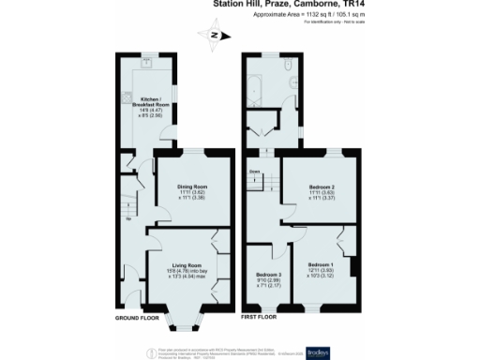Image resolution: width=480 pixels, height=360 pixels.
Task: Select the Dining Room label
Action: tap(192, 191)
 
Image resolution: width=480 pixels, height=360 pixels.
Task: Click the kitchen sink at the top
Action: tap(148, 66)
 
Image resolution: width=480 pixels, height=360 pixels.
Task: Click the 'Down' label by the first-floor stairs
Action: tap(254, 172)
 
